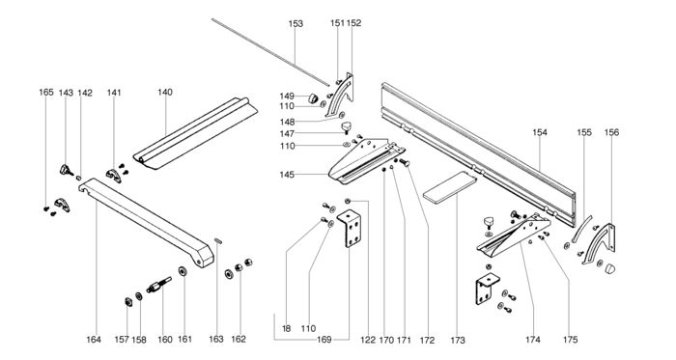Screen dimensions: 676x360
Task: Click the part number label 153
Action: pyautogui.click(x=296, y=24)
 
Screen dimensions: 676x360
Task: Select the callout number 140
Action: pyautogui.click(x=165, y=92)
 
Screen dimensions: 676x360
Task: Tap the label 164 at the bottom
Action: pyautogui.click(x=94, y=340)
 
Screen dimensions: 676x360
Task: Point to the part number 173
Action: pyautogui.click(x=458, y=340)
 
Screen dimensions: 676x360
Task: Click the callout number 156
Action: pyautogui.click(x=611, y=132)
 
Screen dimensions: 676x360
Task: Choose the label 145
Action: pyautogui.click(x=287, y=175)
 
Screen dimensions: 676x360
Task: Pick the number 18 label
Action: pyautogui.click(x=286, y=329)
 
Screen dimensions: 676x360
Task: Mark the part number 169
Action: pyautogui.click(x=324, y=340)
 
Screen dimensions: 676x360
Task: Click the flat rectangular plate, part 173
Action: pyautogui.click(x=450, y=187)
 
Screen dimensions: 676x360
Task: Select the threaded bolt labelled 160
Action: pyautogui.click(x=158, y=285)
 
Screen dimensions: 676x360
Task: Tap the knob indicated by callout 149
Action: pyautogui.click(x=313, y=98)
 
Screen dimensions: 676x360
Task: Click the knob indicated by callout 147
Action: pyautogui.click(x=346, y=128)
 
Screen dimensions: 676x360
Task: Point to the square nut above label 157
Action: pyautogui.click(x=128, y=301)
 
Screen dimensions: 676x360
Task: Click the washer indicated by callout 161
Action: pyautogui.click(x=183, y=272)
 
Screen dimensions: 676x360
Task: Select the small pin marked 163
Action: pyautogui.click(x=218, y=240)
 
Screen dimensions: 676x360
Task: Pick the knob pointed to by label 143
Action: pyautogui.click(x=66, y=171)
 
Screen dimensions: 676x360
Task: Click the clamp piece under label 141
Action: pyautogui.click(x=113, y=176)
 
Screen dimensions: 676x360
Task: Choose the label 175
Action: pyautogui.click(x=570, y=340)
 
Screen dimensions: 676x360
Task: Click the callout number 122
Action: pyautogui.click(x=368, y=340)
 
